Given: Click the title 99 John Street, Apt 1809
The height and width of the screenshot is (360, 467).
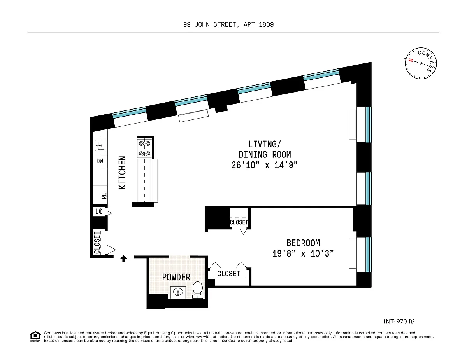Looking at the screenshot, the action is tap(228, 25).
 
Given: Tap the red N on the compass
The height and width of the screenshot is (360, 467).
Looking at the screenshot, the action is tap(411, 60).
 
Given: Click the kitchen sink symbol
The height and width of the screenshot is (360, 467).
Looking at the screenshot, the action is tap(100, 145).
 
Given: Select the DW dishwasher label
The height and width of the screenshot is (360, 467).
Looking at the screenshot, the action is tap(100, 161).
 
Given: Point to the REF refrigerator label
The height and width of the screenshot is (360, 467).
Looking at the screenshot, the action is tap(104, 194).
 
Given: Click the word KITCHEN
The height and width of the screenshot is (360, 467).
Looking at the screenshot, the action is tap(122, 172).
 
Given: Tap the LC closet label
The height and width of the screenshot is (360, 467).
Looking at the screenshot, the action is tap(98, 211).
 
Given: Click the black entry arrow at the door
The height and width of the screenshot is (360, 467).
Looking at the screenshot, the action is tap(124, 259).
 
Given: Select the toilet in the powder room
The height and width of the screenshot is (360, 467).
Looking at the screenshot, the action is tap(198, 290).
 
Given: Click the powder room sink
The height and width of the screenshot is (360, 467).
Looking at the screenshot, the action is tap(178, 292).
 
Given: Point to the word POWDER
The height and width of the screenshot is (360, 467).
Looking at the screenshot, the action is tap(176, 277).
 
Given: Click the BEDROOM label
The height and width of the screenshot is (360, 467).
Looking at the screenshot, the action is tap(303, 243).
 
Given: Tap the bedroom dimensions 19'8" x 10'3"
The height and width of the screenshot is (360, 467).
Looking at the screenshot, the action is tap(303, 253).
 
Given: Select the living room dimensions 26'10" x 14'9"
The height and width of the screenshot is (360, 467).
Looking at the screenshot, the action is tap(265, 165).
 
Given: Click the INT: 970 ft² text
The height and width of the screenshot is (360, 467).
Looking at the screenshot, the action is tap(399, 322).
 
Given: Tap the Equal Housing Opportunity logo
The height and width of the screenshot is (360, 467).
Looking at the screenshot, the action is tap(35, 337).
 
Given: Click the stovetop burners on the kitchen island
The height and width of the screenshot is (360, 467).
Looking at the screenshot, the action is tap(144, 149).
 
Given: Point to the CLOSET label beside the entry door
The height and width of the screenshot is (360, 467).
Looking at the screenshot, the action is tap(97, 243).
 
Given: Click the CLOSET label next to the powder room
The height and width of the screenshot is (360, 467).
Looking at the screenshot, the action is tap(228, 273).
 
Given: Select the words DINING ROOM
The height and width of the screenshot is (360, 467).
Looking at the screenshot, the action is tap(265, 155).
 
